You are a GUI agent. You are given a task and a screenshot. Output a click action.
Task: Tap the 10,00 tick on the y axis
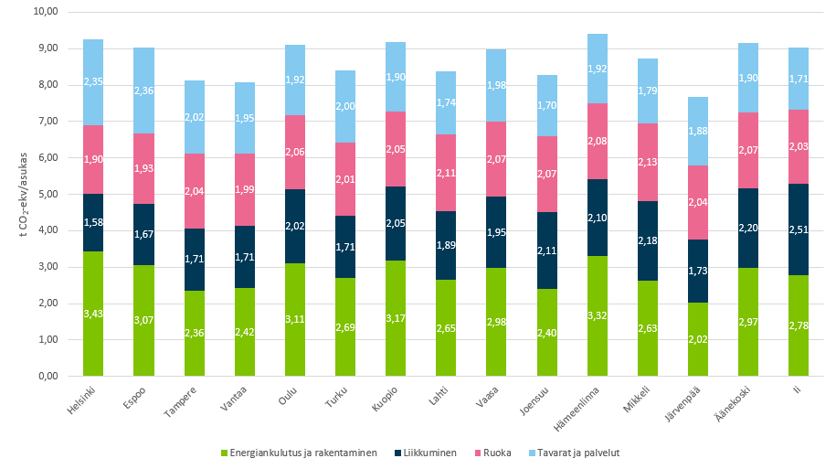point(44,12)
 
